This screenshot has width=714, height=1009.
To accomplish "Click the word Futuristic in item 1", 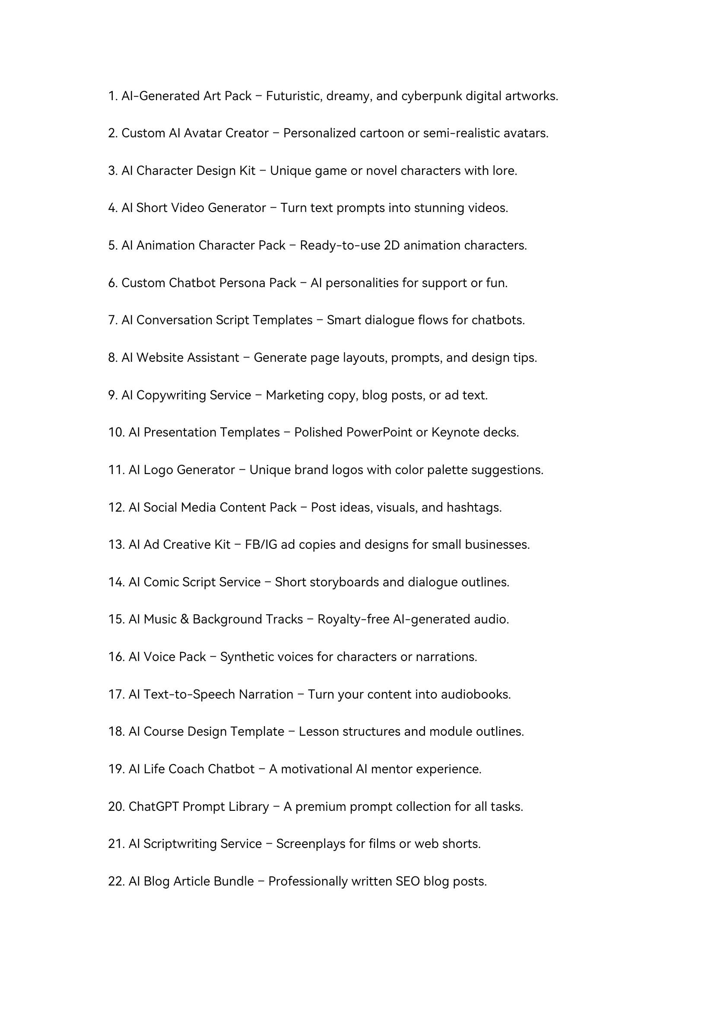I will (x=294, y=96).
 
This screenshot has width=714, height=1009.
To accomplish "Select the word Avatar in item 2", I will (x=202, y=133).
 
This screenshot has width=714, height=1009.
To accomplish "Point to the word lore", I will (x=504, y=171).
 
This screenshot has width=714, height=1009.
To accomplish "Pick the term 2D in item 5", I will (x=392, y=245).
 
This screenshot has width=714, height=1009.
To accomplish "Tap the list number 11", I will (x=117, y=470).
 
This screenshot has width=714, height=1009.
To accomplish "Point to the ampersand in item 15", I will (x=184, y=619).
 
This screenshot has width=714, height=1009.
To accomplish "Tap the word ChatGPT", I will (x=153, y=807).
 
